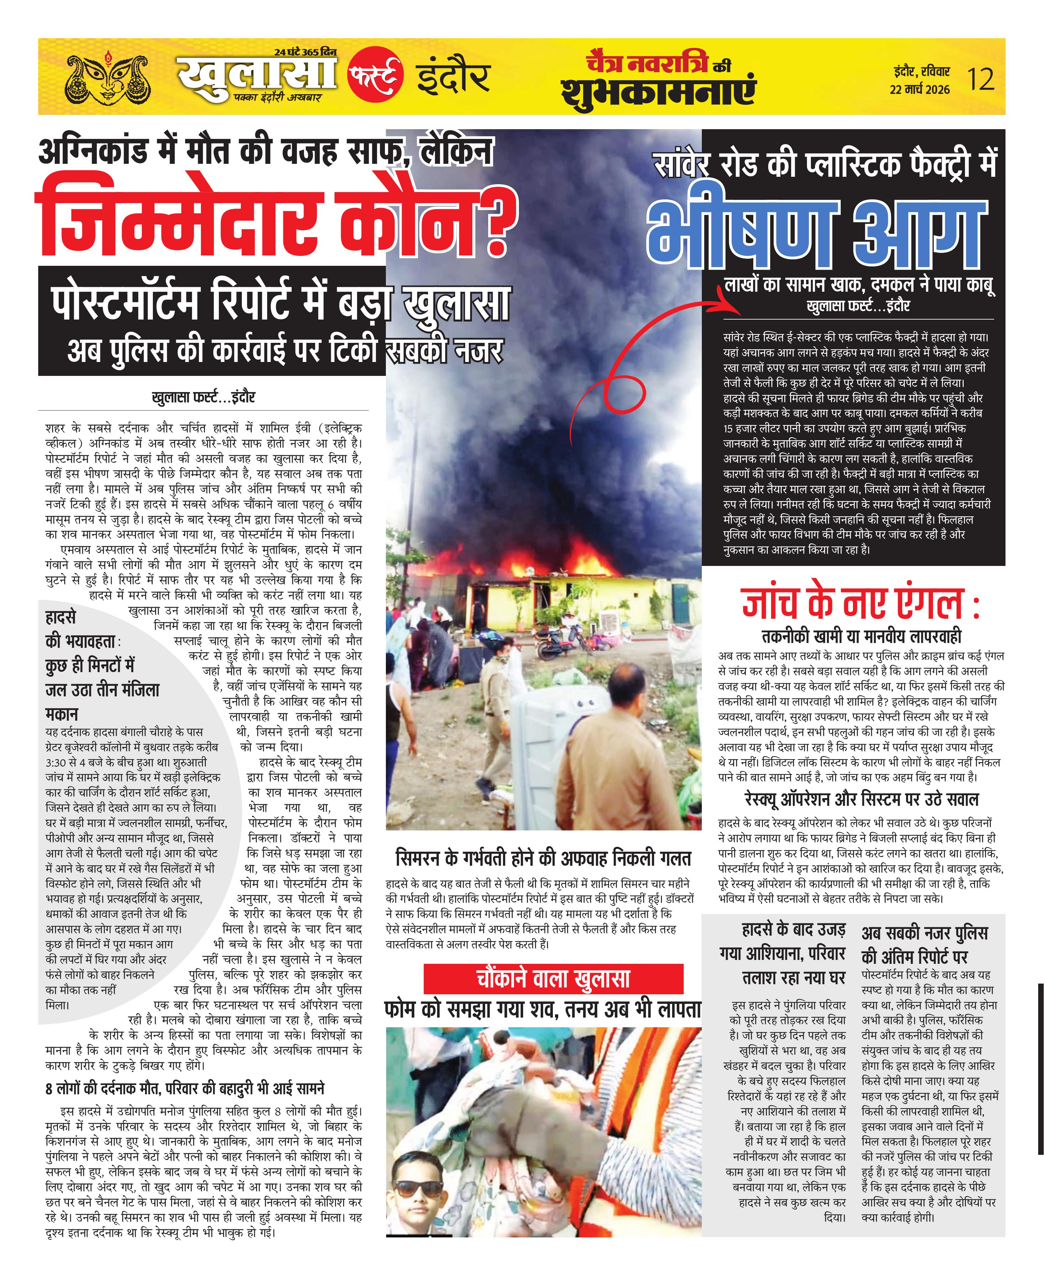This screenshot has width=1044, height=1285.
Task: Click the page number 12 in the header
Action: point(981,79)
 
